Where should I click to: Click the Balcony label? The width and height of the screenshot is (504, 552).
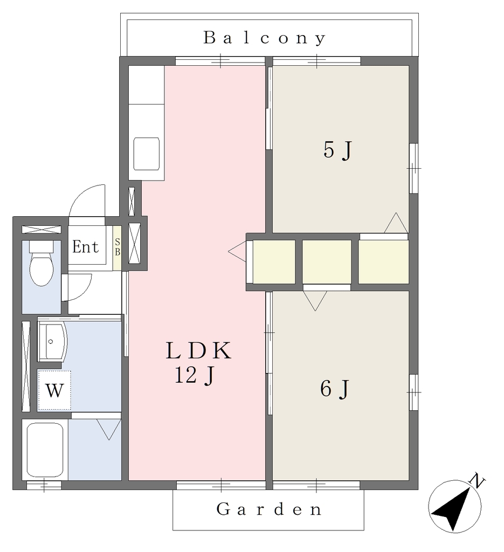[265, 38]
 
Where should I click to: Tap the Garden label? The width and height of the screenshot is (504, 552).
[268, 509]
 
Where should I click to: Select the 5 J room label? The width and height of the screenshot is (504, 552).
[337, 150]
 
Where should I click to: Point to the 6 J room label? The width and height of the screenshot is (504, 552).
[334, 389]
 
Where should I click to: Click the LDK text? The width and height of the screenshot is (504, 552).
[198, 350]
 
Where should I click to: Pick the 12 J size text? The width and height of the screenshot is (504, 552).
[194, 375]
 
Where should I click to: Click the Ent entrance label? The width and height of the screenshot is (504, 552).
[86, 247]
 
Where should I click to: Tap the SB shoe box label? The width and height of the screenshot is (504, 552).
[117, 247]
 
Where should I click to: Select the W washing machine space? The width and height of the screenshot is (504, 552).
[54, 390]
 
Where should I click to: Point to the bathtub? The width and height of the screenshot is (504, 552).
[45, 450]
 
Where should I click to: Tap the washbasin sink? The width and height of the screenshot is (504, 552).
[52, 341]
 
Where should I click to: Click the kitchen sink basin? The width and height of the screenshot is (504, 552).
[147, 154]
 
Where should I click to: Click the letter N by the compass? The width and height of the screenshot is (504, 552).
[478, 480]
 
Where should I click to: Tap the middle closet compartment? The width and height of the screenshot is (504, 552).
[327, 261]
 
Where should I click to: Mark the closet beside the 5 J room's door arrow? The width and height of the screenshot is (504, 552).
[383, 261]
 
